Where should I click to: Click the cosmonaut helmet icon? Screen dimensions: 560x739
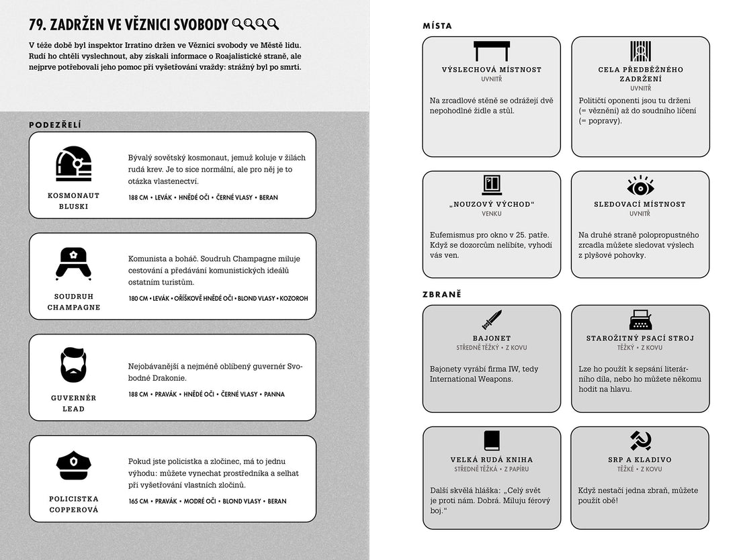[73, 163]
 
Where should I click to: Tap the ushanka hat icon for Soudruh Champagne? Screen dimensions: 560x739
[73, 263]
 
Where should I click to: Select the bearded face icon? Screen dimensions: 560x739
[73, 365]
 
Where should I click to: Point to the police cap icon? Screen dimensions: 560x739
[73, 464]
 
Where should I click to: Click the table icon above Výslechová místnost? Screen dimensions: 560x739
[492, 51]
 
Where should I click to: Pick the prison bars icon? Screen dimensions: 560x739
[640, 51]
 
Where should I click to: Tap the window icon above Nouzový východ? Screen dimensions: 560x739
[492, 185]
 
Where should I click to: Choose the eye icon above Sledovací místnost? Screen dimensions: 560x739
[640, 185]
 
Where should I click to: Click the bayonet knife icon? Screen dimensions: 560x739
[492, 319]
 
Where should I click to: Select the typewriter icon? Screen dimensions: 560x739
[640, 319]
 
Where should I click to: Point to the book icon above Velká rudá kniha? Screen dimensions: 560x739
[492, 440]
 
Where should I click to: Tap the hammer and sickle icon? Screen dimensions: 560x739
[640, 440]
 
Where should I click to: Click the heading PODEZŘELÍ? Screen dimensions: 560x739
[56, 124]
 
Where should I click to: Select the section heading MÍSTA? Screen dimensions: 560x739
[437, 26]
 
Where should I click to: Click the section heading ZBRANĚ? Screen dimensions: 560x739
[442, 294]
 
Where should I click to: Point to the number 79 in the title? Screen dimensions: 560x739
[38, 25]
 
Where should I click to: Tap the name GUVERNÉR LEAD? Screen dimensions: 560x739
[73, 403]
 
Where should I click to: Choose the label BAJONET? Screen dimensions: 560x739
[492, 338]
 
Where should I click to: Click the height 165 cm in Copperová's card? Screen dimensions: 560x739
[138, 501]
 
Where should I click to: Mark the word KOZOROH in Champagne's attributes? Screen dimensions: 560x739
[294, 298]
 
